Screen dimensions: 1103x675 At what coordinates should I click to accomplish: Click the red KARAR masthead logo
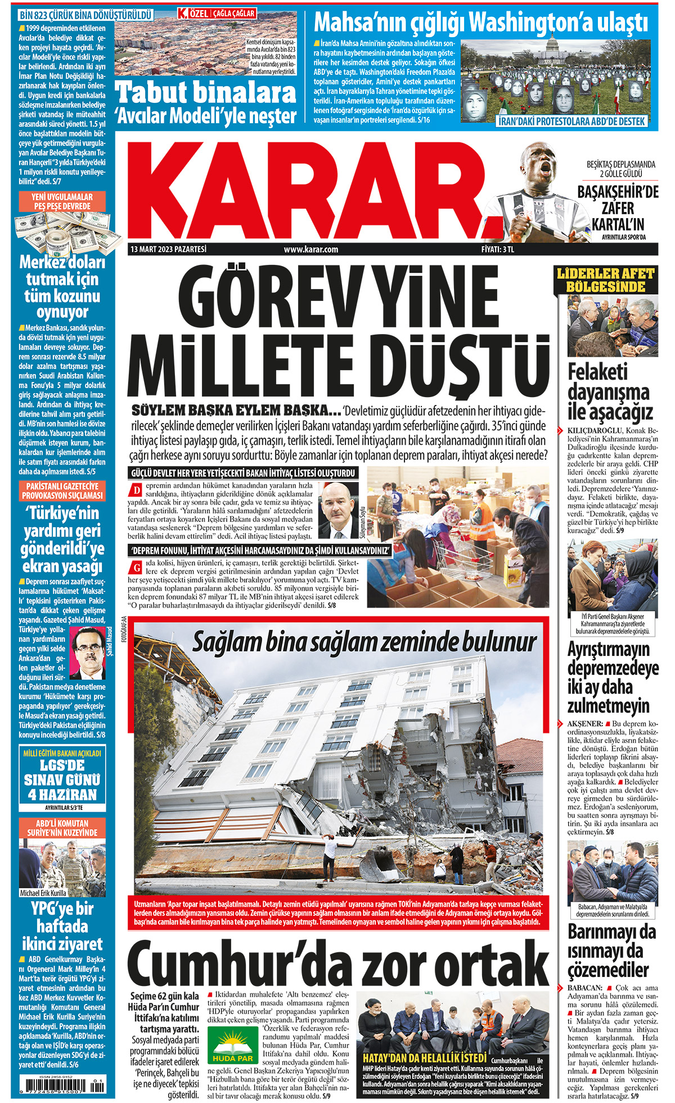pos(309,188)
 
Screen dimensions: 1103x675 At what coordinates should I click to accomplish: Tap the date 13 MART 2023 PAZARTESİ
pos(168,249)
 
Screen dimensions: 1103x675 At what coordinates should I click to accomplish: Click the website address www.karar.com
pos(310,249)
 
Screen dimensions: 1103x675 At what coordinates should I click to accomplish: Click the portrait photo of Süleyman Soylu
pos(340,509)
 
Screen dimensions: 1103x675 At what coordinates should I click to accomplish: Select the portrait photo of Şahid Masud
pos(87,652)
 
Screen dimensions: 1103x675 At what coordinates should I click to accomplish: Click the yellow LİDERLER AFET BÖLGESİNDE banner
pos(605,280)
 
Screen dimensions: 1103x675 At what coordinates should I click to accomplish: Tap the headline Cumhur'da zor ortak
pos(337,962)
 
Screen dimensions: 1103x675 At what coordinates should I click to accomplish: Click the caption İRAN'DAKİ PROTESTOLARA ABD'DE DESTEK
pos(572,121)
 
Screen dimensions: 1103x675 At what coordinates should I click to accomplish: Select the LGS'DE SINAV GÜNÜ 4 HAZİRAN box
pos(63,780)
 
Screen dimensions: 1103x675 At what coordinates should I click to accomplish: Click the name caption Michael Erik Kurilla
pos(43,893)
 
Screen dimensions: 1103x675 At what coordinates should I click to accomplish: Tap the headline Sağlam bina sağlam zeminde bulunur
pos(364,642)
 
